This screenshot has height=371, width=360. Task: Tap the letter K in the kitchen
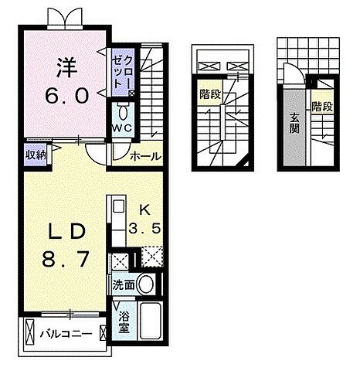tap(143, 209)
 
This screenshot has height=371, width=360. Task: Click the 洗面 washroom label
tap(124, 285)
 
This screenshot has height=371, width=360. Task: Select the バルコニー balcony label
tap(65, 335)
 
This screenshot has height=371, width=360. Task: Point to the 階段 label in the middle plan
tap(208, 95)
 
